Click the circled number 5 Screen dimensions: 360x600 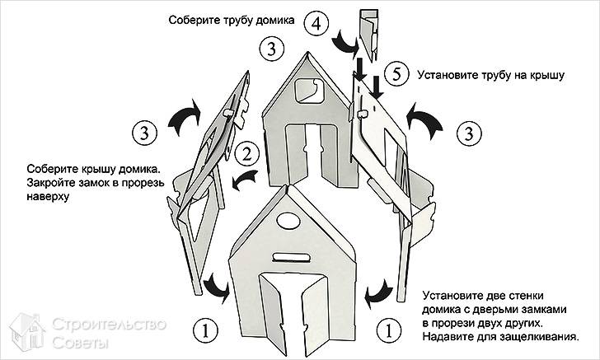coord(397,75)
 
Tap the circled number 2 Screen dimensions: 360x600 coord(245,153)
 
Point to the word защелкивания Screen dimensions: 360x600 coord(541,337)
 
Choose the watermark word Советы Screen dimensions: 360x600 coord(81,342)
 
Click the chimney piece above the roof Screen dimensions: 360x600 coord(368,33)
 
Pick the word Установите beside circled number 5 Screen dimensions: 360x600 coord(450,75)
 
